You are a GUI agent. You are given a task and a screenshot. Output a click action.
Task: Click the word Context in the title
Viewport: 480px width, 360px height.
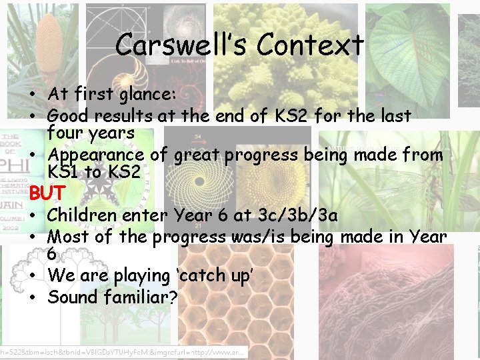[x=311, y=45]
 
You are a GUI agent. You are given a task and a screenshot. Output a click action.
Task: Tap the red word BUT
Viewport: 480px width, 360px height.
[x=47, y=193]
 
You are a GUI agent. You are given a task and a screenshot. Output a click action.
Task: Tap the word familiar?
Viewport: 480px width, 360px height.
[x=141, y=297]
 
